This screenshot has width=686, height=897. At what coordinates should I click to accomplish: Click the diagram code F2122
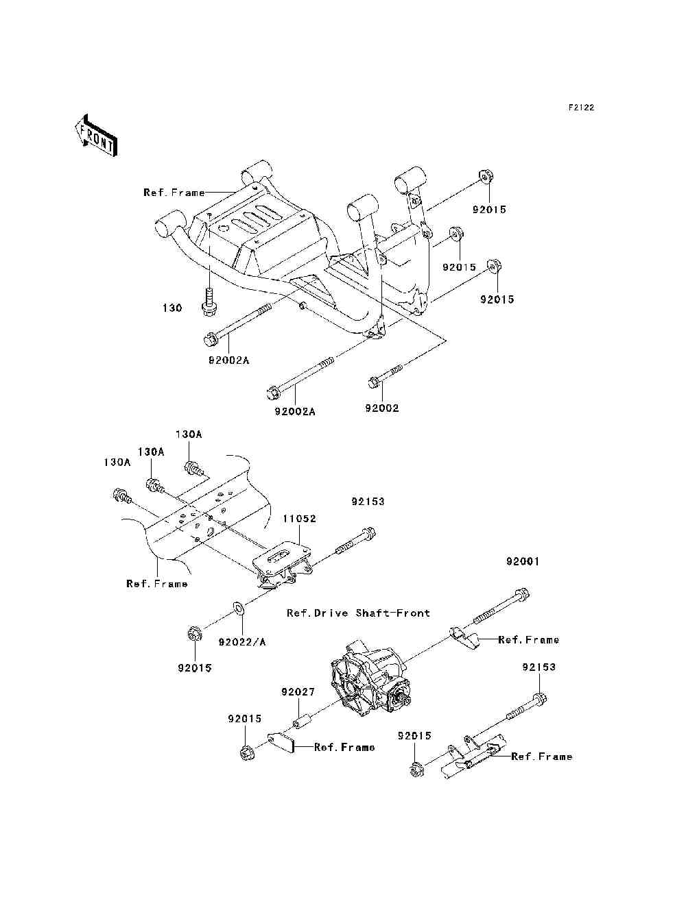[x=580, y=108]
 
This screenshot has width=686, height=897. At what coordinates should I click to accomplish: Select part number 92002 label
[x=381, y=408]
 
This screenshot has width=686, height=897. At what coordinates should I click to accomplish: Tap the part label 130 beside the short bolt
[x=172, y=308]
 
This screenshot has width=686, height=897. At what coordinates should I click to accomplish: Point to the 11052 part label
[x=299, y=519]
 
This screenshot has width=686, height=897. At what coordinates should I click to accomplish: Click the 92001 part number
[x=523, y=561]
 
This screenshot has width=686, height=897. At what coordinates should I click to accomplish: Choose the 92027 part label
[x=298, y=692]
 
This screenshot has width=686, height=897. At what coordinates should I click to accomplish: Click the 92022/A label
[x=242, y=642]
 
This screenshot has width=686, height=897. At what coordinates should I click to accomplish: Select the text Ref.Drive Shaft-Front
[x=358, y=613]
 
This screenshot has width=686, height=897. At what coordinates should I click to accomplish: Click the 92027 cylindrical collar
[x=303, y=722]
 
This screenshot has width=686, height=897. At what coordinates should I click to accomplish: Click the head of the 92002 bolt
[x=374, y=381]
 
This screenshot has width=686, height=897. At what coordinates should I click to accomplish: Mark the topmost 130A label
[x=189, y=434]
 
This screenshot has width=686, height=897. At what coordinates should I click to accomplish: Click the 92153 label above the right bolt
[x=539, y=667]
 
